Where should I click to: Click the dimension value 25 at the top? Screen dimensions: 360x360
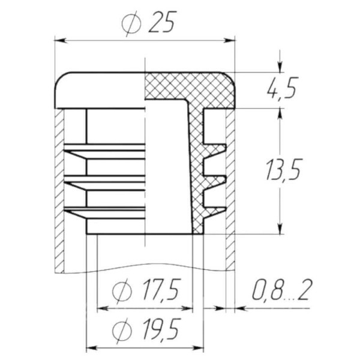click(x=163, y=22)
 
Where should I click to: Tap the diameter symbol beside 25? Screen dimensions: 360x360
click(x=131, y=23)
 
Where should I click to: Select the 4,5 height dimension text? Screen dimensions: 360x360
click(x=283, y=88)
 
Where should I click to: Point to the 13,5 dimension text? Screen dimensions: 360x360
click(x=283, y=170)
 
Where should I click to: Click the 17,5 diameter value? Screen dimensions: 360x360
click(x=160, y=290)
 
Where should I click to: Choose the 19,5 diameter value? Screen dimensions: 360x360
click(x=160, y=329)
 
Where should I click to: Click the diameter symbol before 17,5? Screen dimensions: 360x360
click(x=122, y=291)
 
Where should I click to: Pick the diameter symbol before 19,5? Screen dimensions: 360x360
click(x=122, y=331)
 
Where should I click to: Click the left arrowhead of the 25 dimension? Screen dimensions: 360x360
click(x=60, y=41)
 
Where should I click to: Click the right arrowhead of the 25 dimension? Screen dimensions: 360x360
click(x=230, y=41)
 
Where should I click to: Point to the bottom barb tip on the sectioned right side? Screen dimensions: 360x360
click(x=226, y=209)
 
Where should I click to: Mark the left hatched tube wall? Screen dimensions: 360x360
click(x=59, y=191)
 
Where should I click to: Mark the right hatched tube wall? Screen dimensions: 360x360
click(x=230, y=190)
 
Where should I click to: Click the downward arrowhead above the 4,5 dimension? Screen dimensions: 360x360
click(x=280, y=67)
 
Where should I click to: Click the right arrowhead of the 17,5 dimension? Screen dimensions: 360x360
click(x=187, y=308)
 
